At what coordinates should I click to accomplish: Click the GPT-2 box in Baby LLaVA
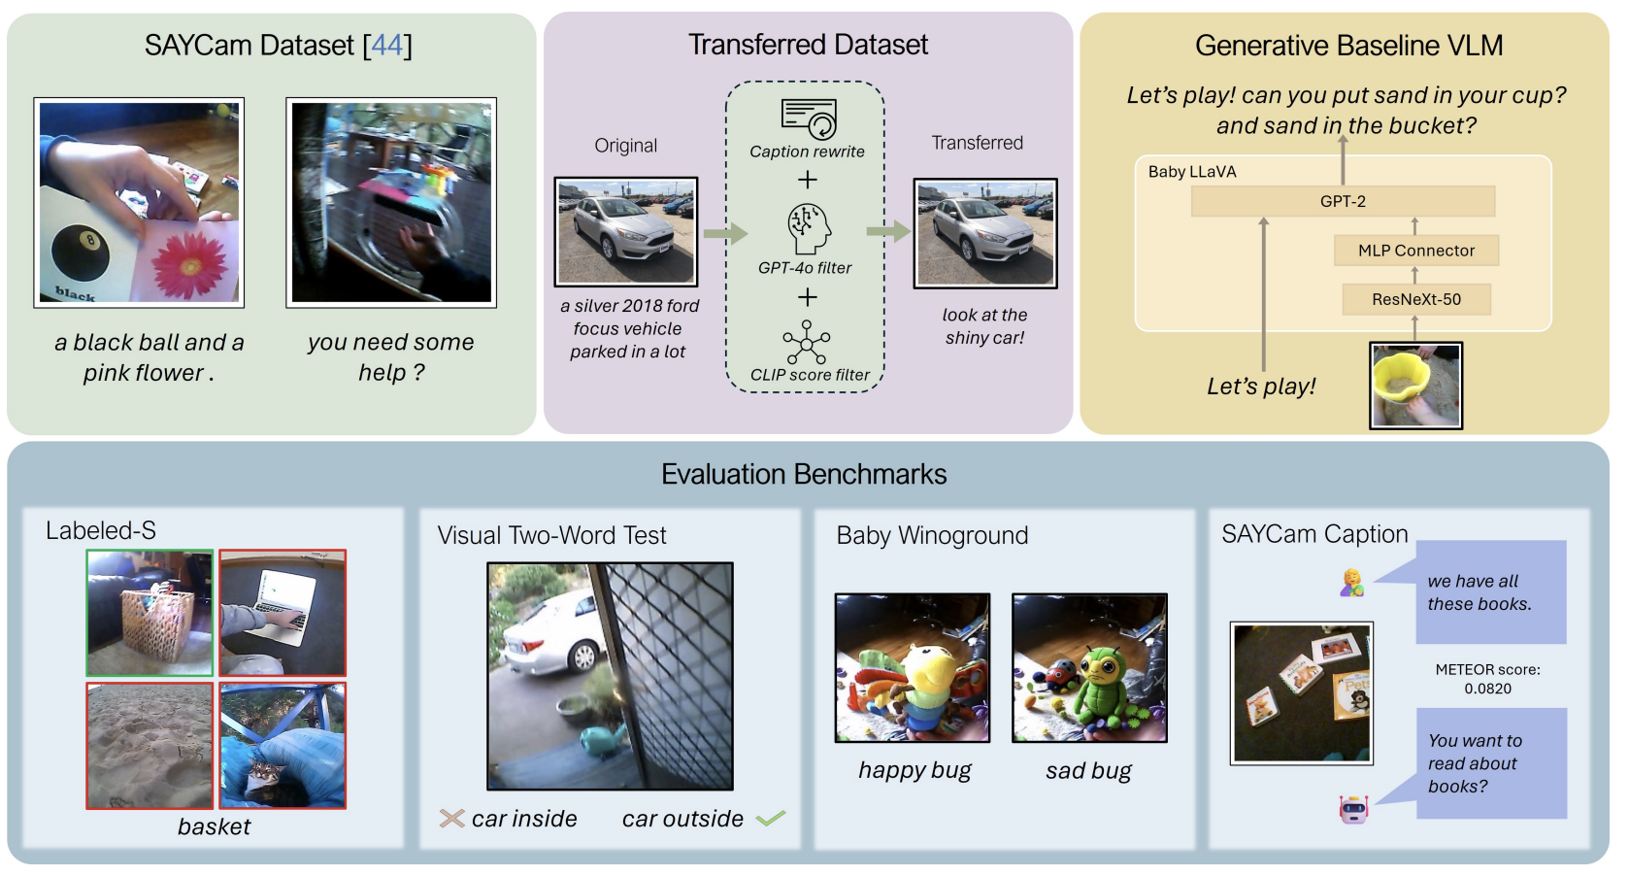coord(1343,202)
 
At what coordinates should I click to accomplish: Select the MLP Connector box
coord(1415,251)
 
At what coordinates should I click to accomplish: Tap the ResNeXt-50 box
coord(1415,299)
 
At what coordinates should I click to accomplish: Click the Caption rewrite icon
coord(809,118)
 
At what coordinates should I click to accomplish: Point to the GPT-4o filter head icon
coord(809,229)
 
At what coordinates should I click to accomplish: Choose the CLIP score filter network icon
coord(807,342)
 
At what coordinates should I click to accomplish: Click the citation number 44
coord(387,45)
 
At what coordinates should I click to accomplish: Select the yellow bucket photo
coord(1415,386)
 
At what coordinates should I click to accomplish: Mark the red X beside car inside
coord(451,819)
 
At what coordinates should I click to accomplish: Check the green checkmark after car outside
coord(771,819)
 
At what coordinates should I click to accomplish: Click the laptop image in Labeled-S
coord(283,613)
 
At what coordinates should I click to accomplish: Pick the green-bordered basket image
coord(150,613)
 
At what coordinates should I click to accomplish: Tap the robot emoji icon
coord(1352,809)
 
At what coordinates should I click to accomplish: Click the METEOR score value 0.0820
coord(1487,689)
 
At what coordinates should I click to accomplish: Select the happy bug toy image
coord(913,668)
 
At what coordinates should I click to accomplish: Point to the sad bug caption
coord(1088,771)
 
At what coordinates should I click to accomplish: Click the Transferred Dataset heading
coord(808,45)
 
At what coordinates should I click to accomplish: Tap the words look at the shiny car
coord(984,326)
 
